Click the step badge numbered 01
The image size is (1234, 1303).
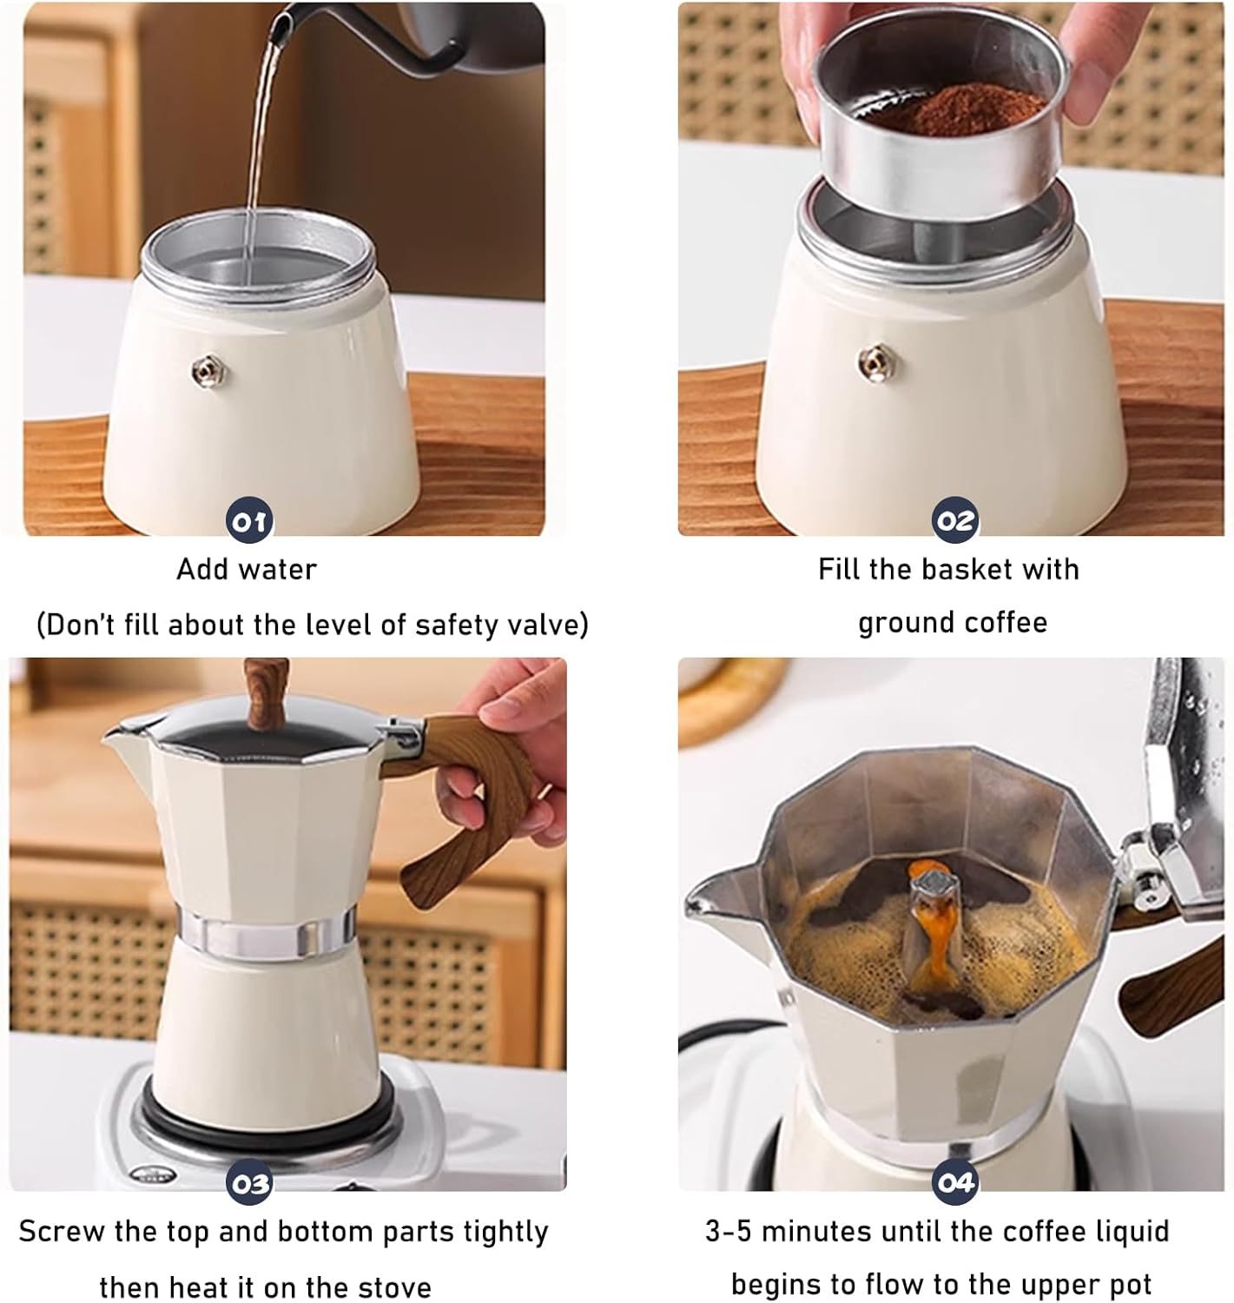click(248, 521)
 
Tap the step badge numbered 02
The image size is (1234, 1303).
click(954, 521)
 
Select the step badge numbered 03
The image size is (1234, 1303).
click(248, 1183)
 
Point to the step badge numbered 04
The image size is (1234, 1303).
click(954, 1183)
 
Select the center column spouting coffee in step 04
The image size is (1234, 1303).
click(929, 912)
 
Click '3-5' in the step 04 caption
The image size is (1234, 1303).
click(729, 1231)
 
